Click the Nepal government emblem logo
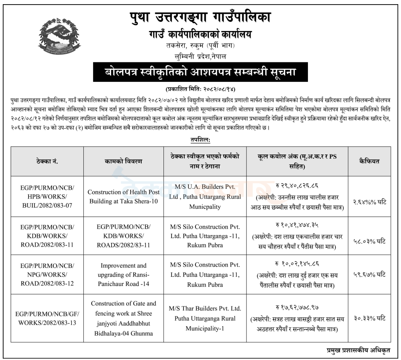[x=59, y=37]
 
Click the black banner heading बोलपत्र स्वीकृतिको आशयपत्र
[x=200, y=73]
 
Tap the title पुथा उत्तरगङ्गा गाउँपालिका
[x=200, y=18]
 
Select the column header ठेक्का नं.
[x=47, y=161]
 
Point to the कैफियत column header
[x=369, y=161]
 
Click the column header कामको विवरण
[x=123, y=161]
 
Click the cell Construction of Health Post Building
[x=123, y=196]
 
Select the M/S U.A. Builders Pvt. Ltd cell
[x=204, y=196]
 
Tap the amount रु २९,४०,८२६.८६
[x=297, y=187]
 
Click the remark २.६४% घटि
[x=369, y=202]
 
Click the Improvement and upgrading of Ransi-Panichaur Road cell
[x=123, y=275]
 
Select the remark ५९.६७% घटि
[x=369, y=275]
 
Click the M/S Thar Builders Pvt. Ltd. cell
[x=204, y=318]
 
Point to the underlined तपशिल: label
[x=200, y=139]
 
